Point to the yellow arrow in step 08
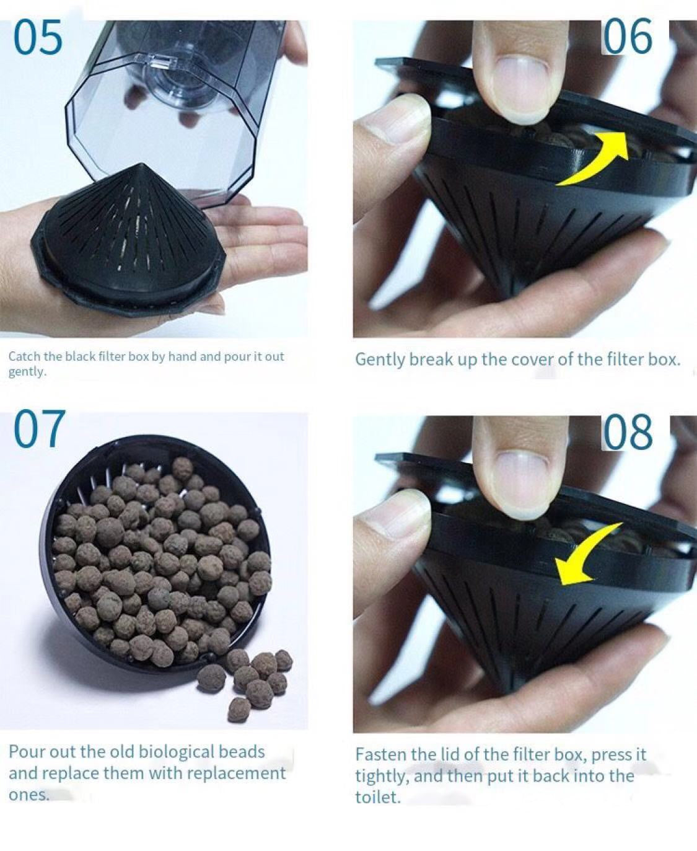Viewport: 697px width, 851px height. pos(585,555)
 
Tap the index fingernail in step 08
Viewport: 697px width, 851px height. pos(520,482)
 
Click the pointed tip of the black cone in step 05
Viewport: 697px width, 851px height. pos(142,164)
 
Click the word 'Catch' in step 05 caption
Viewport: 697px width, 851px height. pos(24,356)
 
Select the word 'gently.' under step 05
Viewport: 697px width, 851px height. pos(27,372)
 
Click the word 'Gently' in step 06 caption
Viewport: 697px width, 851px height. pos(380,360)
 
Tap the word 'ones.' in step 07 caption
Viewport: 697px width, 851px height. pos(28,795)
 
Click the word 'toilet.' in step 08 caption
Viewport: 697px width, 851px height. pos(378,797)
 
